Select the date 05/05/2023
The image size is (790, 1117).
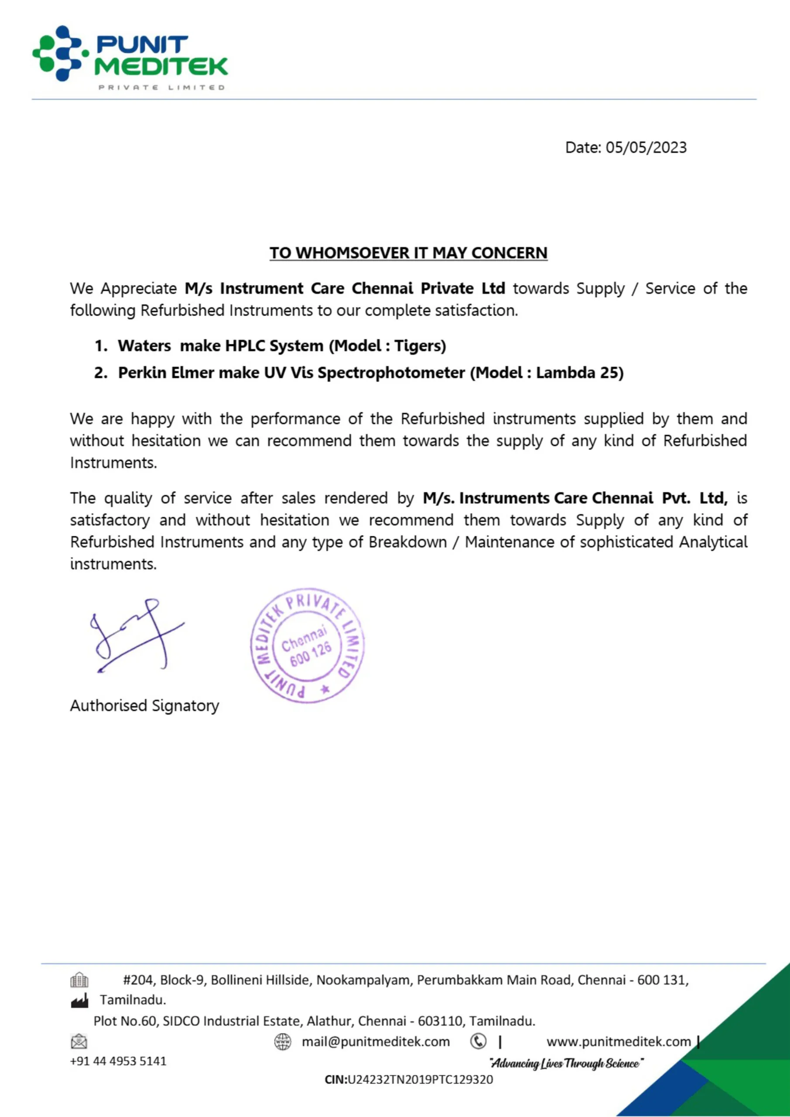pos(646,147)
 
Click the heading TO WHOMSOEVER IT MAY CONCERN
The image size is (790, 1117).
pos(408,253)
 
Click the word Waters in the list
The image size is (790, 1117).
pos(144,346)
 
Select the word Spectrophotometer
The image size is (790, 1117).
pos(391,373)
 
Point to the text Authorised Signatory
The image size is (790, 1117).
pos(144,706)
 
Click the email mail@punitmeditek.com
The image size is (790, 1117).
pos(376,1042)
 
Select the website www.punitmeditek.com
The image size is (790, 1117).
pos(618,1042)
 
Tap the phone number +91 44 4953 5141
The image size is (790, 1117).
pos(118,1061)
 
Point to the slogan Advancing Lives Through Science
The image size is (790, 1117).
pos(566,1063)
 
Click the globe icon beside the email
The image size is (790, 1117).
pos(283,1042)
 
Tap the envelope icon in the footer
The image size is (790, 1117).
pos(79,1042)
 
